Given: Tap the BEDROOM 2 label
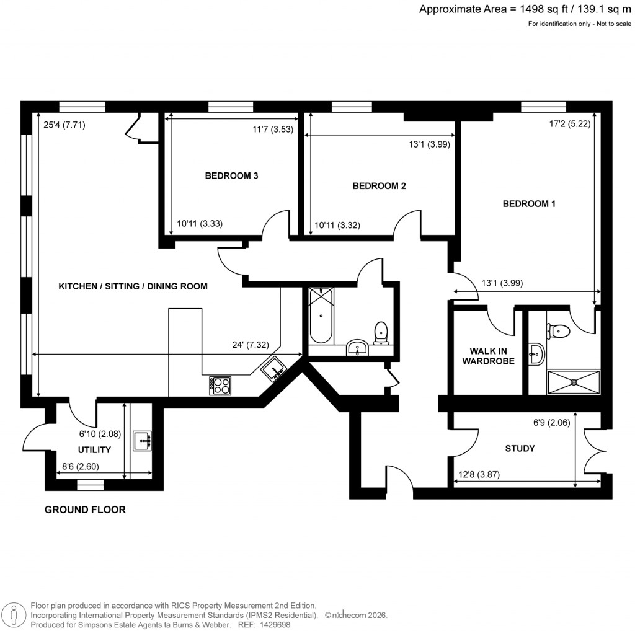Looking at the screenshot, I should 379,185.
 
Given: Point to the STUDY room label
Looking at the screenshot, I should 520,448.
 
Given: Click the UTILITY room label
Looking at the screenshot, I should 94,449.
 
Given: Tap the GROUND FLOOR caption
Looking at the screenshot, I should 85,510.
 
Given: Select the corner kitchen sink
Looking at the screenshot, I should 273,371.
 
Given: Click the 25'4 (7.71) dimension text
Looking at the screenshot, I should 64,124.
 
